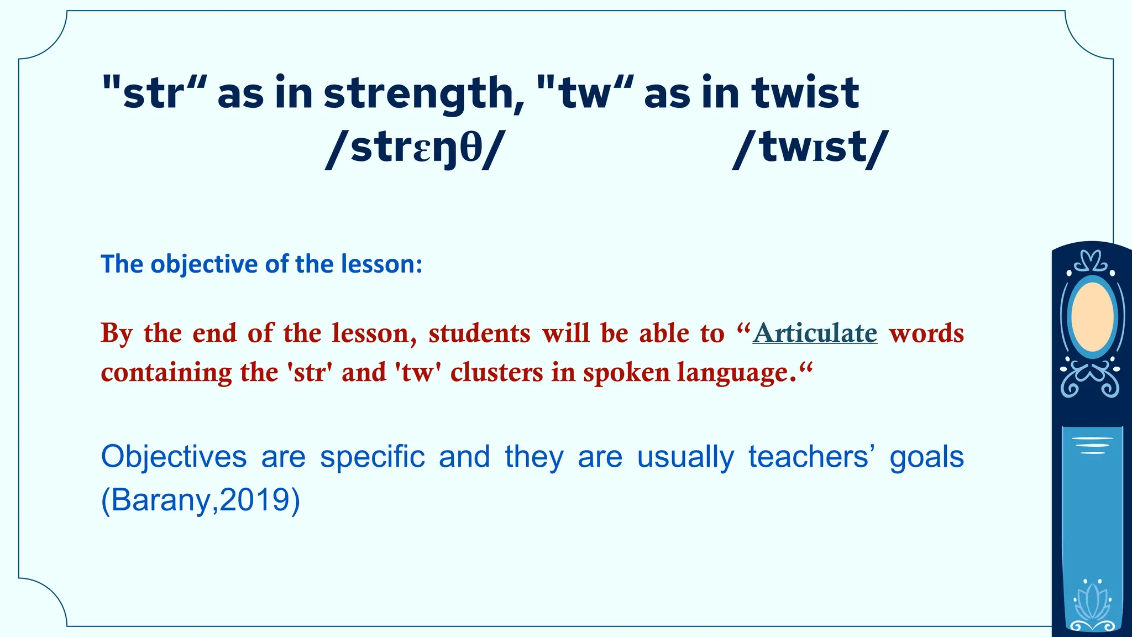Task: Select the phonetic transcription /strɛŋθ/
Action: point(415,149)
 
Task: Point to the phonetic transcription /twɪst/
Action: point(810,149)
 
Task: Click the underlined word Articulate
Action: point(815,333)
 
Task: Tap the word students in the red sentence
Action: point(479,333)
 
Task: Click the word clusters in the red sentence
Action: point(497,372)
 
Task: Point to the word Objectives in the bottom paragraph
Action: point(174,457)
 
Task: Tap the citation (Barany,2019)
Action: point(201,500)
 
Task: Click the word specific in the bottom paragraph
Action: point(372,457)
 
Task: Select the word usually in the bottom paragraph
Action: point(685,457)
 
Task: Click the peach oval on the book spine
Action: point(1092,317)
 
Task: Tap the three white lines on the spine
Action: point(1092,445)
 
